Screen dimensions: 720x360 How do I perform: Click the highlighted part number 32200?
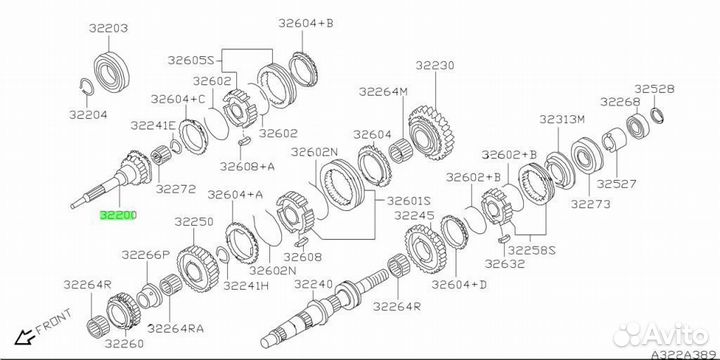(x=118, y=215)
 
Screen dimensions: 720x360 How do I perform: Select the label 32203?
(x=109, y=28)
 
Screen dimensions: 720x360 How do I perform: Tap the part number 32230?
(x=435, y=65)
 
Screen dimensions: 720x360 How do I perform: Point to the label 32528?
(x=654, y=89)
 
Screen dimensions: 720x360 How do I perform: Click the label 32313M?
(x=562, y=120)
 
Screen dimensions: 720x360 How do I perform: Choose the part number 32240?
(x=313, y=285)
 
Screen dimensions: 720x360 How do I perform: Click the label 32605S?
(x=191, y=60)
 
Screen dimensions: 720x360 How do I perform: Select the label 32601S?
(x=409, y=201)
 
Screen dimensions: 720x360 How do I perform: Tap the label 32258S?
(x=532, y=250)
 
